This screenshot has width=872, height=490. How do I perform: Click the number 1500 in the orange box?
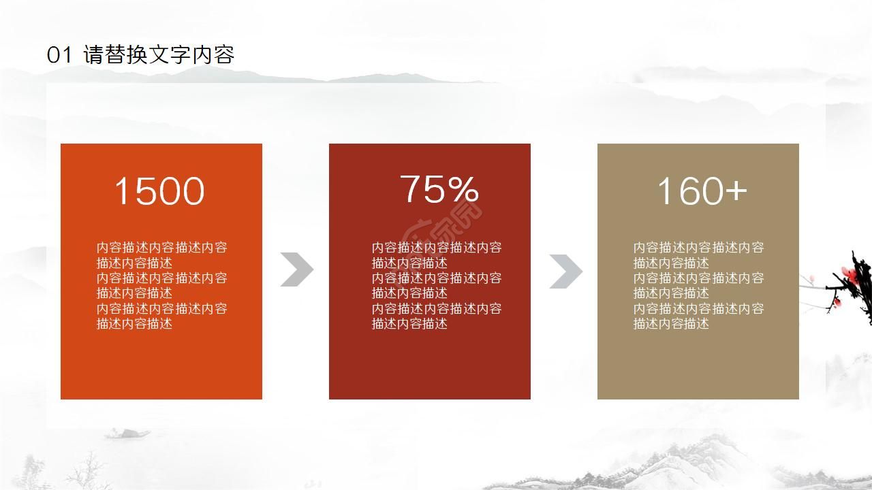coord(159,191)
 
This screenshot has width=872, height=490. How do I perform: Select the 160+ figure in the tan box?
coord(702,191)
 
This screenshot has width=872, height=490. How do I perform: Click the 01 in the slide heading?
coord(59,55)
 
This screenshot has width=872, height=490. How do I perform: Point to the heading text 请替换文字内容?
coord(159,55)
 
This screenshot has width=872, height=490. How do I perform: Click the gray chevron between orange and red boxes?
coord(296,269)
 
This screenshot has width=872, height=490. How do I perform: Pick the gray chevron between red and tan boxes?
coord(565,271)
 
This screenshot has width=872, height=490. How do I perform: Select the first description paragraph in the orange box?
coord(161,255)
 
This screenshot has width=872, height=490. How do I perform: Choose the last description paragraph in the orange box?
coord(161,316)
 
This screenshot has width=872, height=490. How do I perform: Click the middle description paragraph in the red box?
coord(437,285)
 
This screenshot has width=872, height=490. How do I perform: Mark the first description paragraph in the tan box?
coord(698,255)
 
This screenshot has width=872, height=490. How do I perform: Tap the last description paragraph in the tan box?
coord(698,316)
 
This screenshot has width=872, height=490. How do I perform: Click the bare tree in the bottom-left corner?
coord(82,473)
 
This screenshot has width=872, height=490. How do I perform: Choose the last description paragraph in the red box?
coord(437,316)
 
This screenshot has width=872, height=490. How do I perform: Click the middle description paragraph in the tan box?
coord(698,285)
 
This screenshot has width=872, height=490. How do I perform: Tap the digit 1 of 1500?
coord(122,191)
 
